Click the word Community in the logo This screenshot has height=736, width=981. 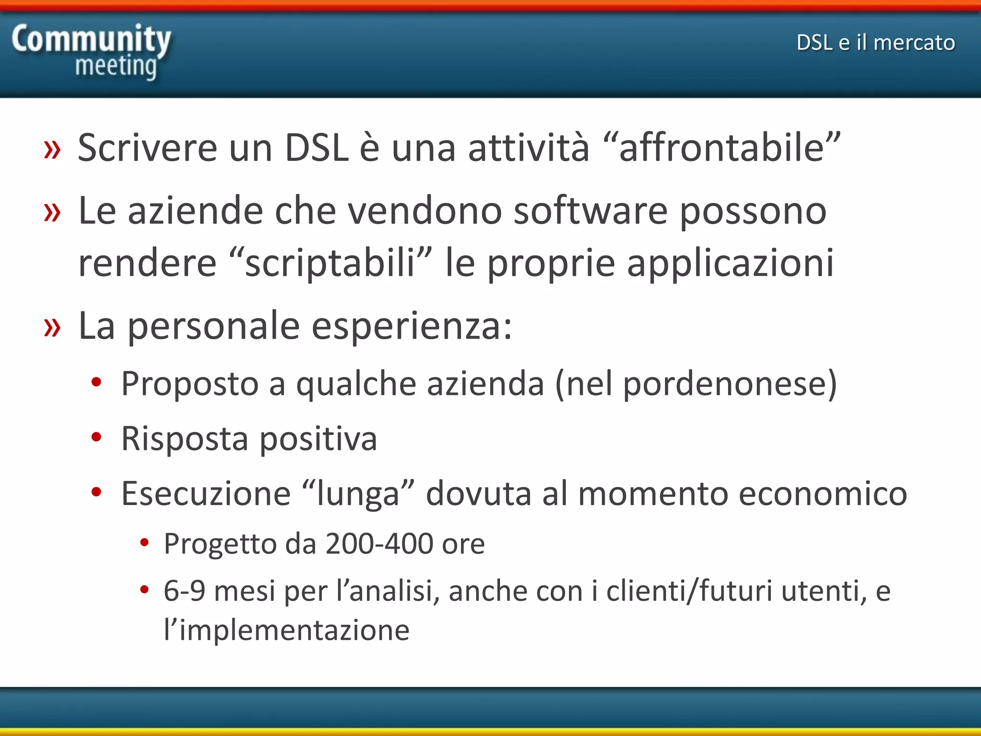tap(91, 39)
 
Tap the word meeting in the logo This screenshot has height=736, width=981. tap(116, 66)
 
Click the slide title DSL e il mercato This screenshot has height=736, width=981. tap(876, 43)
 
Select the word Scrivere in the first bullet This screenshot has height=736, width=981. tap(148, 148)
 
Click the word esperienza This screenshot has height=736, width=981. tap(412, 326)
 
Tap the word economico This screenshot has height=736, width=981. tap(823, 494)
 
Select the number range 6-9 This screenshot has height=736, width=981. tap(184, 591)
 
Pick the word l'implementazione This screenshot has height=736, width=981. tap(286, 630)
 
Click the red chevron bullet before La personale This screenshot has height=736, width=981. tap(52, 328)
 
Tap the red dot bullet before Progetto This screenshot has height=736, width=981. tap(144, 543)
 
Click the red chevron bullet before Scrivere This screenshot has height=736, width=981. tap(52, 149)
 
